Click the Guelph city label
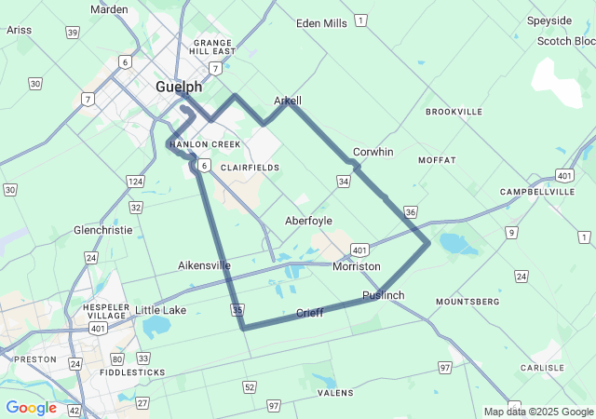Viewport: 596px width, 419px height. click(178, 87)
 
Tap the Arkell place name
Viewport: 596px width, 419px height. click(288, 101)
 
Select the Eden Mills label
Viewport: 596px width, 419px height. click(321, 23)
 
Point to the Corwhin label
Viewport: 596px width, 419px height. click(373, 152)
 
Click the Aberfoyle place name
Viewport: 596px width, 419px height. click(308, 221)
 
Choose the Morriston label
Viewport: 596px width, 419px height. click(357, 266)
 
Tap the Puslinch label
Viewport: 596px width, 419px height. click(384, 295)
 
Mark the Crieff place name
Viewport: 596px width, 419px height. click(309, 313)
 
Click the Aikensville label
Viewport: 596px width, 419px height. click(204, 265)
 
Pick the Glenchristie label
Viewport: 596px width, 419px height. click(102, 229)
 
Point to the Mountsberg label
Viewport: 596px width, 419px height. click(467, 302)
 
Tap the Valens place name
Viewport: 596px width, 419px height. click(335, 393)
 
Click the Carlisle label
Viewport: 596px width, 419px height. click(542, 368)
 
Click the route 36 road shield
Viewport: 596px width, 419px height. click(412, 212)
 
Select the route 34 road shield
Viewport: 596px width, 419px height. click(344, 181)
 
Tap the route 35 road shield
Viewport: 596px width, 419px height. click(238, 309)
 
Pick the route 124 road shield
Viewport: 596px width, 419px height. click(136, 181)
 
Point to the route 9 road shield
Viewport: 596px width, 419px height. click(511, 232)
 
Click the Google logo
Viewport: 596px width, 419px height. click(31, 408)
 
